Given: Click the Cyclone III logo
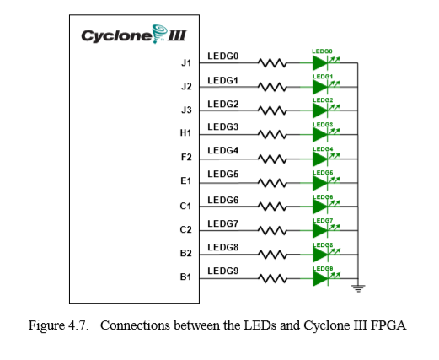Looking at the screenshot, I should [x=134, y=36].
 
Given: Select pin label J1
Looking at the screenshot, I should [x=186, y=63].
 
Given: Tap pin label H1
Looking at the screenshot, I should [x=186, y=133].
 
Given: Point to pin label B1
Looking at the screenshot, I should [x=186, y=276].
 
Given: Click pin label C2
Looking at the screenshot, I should [x=186, y=229].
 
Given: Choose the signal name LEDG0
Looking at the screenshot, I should [x=223, y=56].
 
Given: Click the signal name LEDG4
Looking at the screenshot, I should [x=223, y=151].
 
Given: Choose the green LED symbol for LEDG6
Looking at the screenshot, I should [x=321, y=206].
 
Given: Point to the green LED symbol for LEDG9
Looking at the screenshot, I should [x=321, y=277].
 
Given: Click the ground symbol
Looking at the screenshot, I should [x=357, y=288].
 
